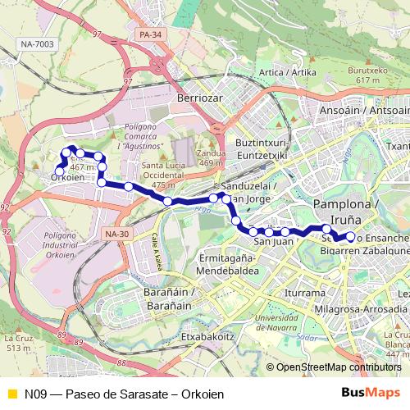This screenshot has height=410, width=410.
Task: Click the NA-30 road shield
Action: tap(117, 234)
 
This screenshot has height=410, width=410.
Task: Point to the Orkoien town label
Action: tap(67, 176)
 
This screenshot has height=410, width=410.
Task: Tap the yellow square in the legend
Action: tap(11, 394)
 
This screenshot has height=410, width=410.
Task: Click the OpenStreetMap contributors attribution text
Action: tap(338, 368)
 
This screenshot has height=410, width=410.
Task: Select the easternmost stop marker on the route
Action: tap(350, 237)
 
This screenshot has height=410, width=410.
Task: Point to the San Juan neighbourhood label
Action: tap(273, 240)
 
